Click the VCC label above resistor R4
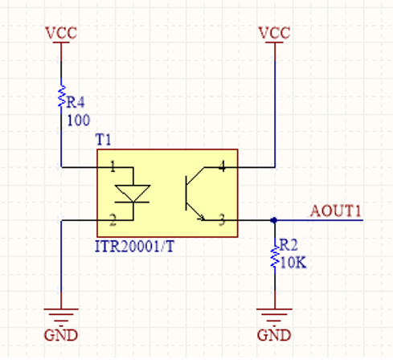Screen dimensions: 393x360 pos(61,33)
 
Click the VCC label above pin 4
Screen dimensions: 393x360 pos(274,33)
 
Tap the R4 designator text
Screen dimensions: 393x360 pos(76,102)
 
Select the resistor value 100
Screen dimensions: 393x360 pos(79,120)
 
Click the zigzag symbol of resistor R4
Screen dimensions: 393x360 pos(62,96)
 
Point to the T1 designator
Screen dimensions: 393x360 pos(103,140)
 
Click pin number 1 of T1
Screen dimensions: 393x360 pos(113,166)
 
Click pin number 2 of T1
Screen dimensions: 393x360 pos(113,220)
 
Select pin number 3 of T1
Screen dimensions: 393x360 pos(222,220)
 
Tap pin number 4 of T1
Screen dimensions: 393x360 pos(222,166)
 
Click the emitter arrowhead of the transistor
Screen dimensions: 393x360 pos(202,218)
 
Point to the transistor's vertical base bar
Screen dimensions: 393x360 pos(186,193)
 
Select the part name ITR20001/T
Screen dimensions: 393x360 pos(135,246)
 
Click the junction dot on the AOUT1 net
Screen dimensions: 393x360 pos(274,220)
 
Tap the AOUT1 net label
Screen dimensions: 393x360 pos(336,211)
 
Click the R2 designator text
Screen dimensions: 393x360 pos(289,245)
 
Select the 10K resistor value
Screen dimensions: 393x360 pos(293,263)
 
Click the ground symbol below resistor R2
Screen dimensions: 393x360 pos(274,315)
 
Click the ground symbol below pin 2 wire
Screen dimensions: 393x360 pos(61,315)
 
